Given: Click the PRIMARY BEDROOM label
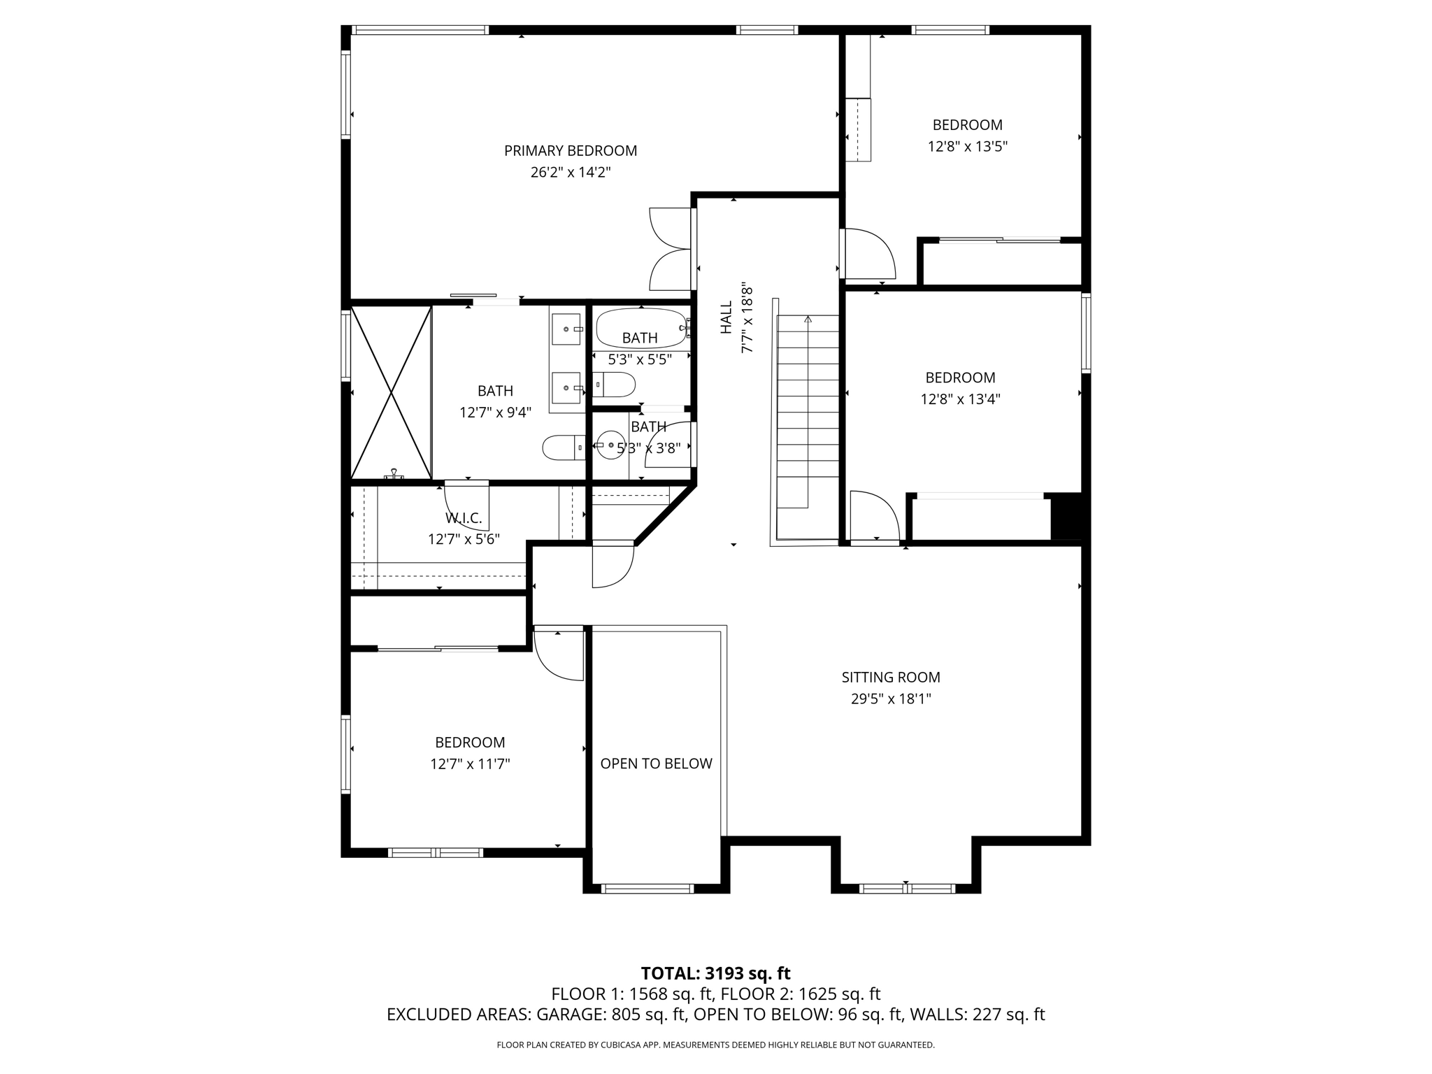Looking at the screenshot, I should click(x=571, y=150).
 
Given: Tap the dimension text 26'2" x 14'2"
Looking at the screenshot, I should click(x=571, y=172).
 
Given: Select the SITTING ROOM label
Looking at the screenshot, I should click(x=891, y=677).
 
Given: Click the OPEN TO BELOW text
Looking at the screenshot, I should click(x=656, y=764).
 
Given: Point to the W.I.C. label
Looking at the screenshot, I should click(x=464, y=518).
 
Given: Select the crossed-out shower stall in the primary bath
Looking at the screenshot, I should click(x=391, y=392).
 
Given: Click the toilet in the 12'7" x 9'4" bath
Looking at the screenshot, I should click(x=563, y=447).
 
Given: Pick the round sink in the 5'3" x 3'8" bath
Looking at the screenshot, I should click(x=611, y=445).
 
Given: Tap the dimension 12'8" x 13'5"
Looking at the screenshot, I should click(x=967, y=147).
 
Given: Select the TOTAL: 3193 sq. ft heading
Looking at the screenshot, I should click(x=715, y=973).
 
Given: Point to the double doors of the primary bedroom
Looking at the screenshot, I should click(x=671, y=249).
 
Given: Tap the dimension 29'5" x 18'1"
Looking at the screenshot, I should click(x=891, y=699).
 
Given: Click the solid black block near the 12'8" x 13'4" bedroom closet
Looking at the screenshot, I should click(x=1067, y=517).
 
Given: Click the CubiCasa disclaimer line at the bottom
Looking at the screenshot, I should click(x=715, y=1045).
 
